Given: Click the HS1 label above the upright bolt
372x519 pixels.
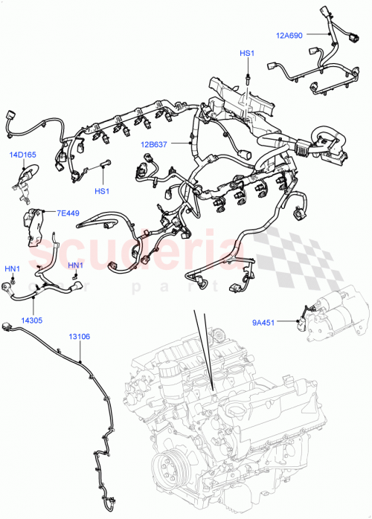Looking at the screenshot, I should pos(246,54).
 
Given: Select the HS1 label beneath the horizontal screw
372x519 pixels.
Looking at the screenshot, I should pos(101,191).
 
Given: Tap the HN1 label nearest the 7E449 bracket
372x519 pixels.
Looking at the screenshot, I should pos(76,265).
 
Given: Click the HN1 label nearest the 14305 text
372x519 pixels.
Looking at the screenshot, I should pos(13,268).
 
